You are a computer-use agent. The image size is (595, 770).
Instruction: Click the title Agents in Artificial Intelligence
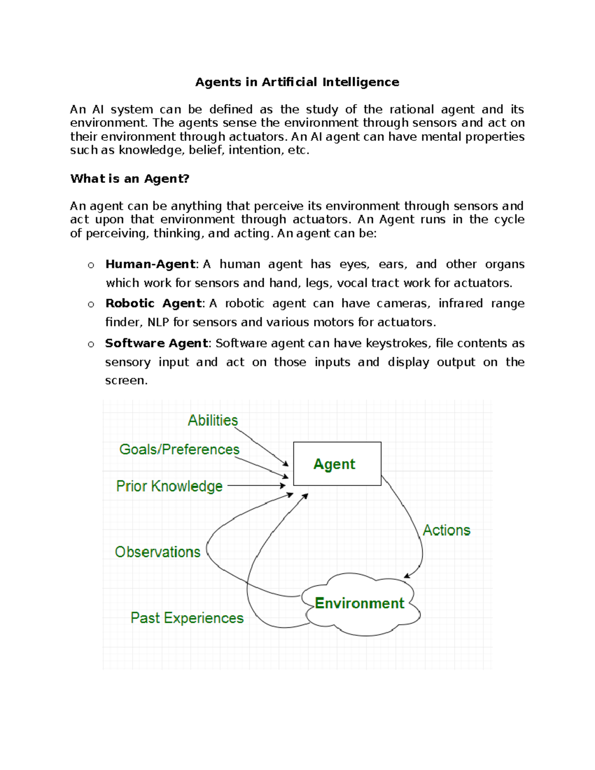[297, 82]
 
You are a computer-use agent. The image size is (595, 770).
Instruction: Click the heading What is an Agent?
[130, 178]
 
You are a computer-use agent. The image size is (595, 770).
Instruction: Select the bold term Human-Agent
[150, 264]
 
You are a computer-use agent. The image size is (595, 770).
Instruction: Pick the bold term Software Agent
[156, 343]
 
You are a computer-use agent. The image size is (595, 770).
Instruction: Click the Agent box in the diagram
[337, 464]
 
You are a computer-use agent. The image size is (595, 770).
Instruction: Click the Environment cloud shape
[360, 603]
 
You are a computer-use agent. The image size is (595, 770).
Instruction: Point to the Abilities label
[213, 420]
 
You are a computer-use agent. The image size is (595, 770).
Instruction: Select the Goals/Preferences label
[179, 449]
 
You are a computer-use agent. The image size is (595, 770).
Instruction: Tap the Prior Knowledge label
[169, 486]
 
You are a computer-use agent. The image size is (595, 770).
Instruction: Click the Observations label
[158, 552]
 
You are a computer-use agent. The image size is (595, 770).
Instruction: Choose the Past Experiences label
[187, 618]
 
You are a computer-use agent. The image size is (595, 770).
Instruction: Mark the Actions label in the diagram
[446, 530]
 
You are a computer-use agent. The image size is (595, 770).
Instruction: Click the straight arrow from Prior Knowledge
[255, 486]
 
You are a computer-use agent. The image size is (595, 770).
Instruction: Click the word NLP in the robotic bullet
[158, 322]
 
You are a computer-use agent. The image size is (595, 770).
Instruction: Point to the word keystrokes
[397, 343]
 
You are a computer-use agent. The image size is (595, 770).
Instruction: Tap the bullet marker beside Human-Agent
[91, 265]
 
